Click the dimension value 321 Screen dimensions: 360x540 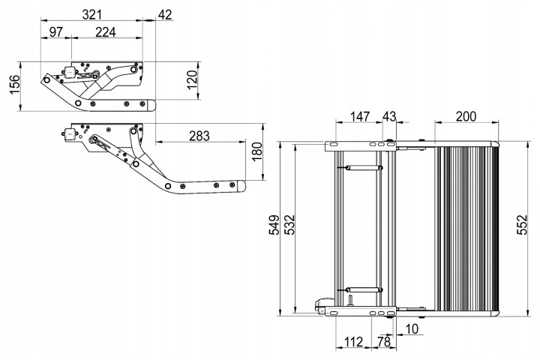coord(94,14)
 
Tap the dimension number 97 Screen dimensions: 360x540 coord(56,31)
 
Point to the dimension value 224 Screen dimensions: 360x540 coord(106,31)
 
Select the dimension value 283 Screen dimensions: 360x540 coord(199,136)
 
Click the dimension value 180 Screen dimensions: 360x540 coord(256,153)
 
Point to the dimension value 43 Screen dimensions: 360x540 coord(389,116)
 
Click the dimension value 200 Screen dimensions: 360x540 coord(466,116)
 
